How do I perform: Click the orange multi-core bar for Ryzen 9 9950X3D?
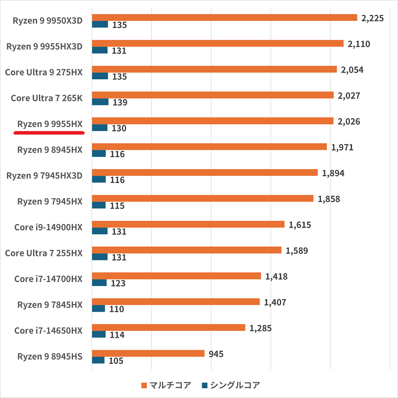(x=224, y=18)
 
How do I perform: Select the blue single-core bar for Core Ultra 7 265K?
(x=100, y=102)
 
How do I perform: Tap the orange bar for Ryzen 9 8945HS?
(x=148, y=353)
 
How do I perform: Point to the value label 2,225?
(x=372, y=18)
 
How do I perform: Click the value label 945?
(x=216, y=354)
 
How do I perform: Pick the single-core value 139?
(x=120, y=103)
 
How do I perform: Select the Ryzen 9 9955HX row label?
(x=50, y=124)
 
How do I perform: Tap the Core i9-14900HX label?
(x=48, y=227)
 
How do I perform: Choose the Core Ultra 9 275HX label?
(x=44, y=72)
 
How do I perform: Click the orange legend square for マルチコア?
(x=144, y=385)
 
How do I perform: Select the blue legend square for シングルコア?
(x=204, y=385)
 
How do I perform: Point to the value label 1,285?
(x=260, y=328)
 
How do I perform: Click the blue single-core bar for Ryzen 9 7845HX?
(x=98, y=309)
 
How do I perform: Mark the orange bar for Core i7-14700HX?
(x=176, y=276)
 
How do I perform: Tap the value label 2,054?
(x=352, y=70)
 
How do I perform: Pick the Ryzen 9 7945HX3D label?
(x=44, y=175)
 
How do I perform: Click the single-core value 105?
(x=116, y=361)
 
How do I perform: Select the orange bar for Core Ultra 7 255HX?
(x=186, y=250)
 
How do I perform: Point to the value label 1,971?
(x=342, y=147)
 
